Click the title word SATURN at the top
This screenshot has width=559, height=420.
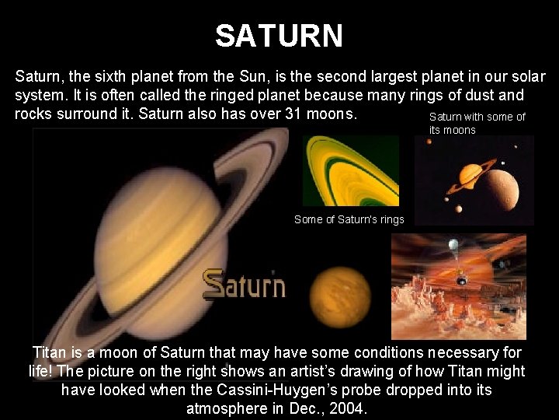[x=279, y=35]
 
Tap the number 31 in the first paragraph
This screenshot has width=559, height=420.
[x=294, y=113]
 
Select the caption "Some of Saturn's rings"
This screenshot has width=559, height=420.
[x=349, y=219]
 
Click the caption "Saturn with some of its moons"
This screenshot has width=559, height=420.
[x=477, y=123]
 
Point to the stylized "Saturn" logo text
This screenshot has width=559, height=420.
[x=244, y=285]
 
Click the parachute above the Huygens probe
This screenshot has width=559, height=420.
[x=453, y=246]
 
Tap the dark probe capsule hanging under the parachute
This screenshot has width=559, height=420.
[x=463, y=278]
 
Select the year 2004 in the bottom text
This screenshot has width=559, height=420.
[x=350, y=408]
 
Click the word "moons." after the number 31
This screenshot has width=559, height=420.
[x=333, y=113]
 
